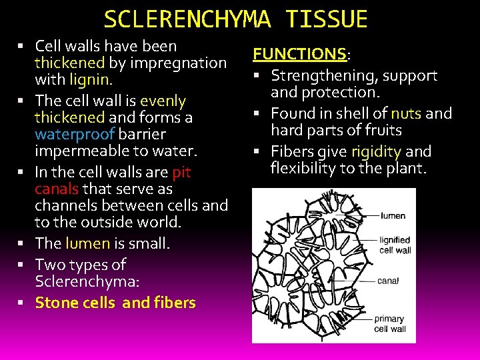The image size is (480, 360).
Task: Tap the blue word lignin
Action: pyautogui.click(x=90, y=79)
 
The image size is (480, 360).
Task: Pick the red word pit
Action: pyautogui.click(x=181, y=173)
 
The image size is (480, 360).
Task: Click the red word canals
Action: pyautogui.click(x=57, y=189)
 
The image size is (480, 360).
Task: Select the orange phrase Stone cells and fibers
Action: pyautogui.click(x=115, y=303)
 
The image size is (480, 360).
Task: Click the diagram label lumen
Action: pyautogui.click(x=393, y=216)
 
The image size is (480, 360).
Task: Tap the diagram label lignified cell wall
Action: pyautogui.click(x=395, y=245)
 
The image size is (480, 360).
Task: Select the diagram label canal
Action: pyautogui.click(x=388, y=281)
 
